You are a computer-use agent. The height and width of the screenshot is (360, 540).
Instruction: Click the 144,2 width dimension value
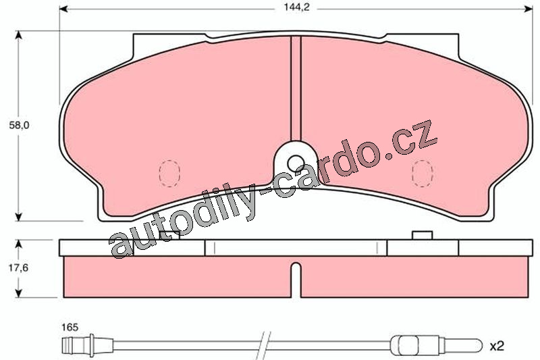296,7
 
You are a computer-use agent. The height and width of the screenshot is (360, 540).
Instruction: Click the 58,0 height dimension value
19,126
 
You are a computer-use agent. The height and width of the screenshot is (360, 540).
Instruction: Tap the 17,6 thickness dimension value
18,267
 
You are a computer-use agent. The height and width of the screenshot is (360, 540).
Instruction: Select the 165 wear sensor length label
70,327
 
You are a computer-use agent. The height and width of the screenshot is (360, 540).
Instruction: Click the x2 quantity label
497,346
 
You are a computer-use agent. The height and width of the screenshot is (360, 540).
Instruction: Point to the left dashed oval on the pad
169,174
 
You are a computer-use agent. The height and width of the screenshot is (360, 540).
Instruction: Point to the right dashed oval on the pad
423,174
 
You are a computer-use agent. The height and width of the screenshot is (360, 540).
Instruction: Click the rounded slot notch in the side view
296,280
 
